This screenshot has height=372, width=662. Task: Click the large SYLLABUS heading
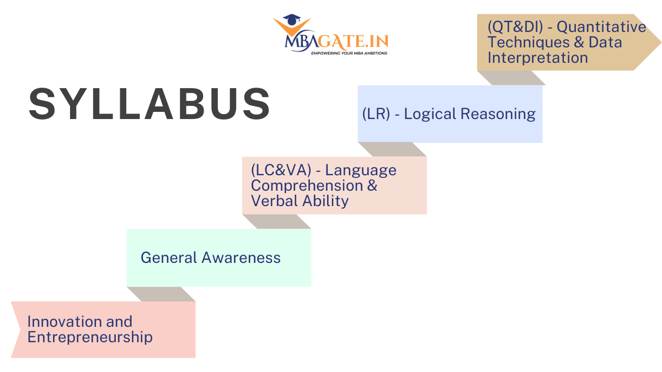[x=150, y=104]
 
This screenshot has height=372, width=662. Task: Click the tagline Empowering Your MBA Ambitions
[x=349, y=53]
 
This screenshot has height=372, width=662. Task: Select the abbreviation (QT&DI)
[x=515, y=27]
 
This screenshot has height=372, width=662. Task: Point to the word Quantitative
[x=601, y=27]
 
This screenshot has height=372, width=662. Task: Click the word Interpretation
[x=537, y=57]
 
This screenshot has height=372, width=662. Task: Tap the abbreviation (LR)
[x=376, y=114]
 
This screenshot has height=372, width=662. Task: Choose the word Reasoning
[x=498, y=114]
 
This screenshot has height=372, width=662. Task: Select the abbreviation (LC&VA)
[x=281, y=170]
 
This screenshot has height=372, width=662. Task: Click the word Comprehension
[x=307, y=186]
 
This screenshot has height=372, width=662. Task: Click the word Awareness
[x=241, y=257]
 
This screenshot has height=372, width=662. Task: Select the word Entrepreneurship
[x=90, y=337]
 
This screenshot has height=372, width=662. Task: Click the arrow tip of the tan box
[x=661, y=42]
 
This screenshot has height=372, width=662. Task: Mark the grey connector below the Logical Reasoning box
[x=392, y=149]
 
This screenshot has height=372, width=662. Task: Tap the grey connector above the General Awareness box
[x=276, y=222]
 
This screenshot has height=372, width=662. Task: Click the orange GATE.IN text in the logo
[x=353, y=41]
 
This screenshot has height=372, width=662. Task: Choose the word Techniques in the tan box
[x=528, y=42]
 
